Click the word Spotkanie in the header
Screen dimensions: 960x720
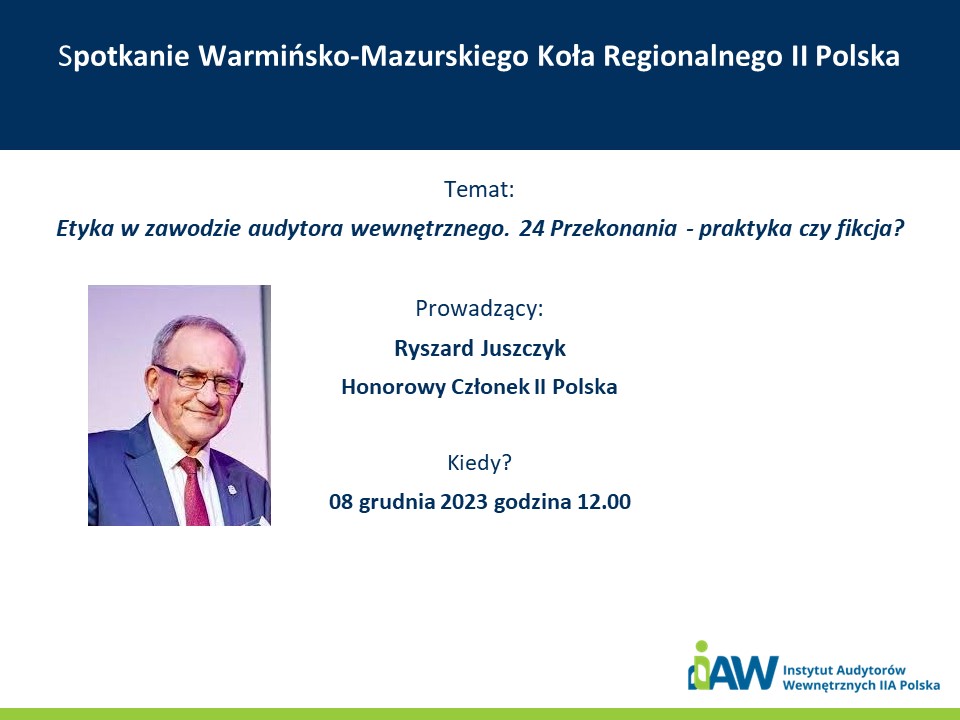124,57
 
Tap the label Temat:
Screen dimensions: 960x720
479,189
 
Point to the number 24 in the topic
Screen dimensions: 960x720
531,228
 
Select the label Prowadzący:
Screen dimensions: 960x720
479,309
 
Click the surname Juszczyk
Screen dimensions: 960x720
523,348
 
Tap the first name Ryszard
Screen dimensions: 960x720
434,348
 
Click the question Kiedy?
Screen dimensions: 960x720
479,463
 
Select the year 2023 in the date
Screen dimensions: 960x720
464,501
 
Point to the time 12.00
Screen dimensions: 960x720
604,501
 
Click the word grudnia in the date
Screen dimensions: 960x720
397,502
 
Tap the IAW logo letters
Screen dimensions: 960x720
733,671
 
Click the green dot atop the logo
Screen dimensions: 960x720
702,647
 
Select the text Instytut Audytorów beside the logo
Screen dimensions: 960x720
844,670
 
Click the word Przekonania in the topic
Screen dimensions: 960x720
613,229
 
